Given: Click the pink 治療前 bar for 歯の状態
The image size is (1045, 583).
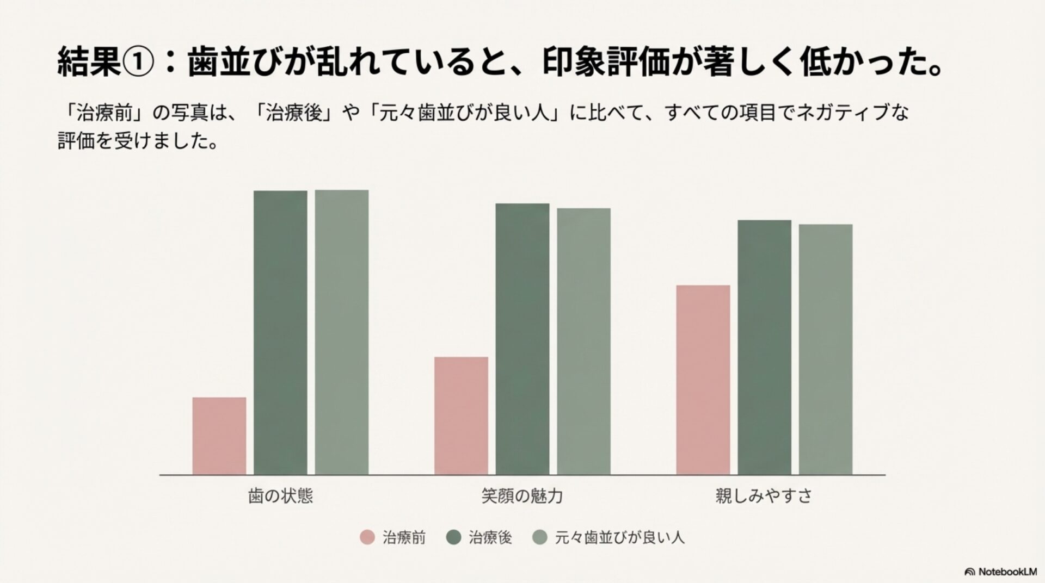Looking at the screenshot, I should click(219, 436).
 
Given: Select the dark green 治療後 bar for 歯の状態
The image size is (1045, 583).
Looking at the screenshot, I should click(280, 332).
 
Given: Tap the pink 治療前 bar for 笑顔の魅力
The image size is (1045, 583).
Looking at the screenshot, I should click(461, 415).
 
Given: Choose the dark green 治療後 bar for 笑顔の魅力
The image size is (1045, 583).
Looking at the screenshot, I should click(522, 339).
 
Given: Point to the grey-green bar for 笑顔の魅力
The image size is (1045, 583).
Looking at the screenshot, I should click(583, 341).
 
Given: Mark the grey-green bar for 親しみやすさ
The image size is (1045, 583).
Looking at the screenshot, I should click(825, 349).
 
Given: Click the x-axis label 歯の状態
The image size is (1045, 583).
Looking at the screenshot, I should click(280, 496).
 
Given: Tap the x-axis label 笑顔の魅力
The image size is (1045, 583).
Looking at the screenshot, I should click(522, 496).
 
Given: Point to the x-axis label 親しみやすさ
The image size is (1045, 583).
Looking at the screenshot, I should click(764, 496).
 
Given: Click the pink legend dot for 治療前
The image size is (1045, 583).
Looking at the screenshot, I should click(368, 538).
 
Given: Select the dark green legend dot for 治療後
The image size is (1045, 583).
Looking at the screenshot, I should click(453, 538).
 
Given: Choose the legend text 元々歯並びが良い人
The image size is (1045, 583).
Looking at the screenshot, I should click(619, 538).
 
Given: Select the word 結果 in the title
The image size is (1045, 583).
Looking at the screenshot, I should click(89, 64).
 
